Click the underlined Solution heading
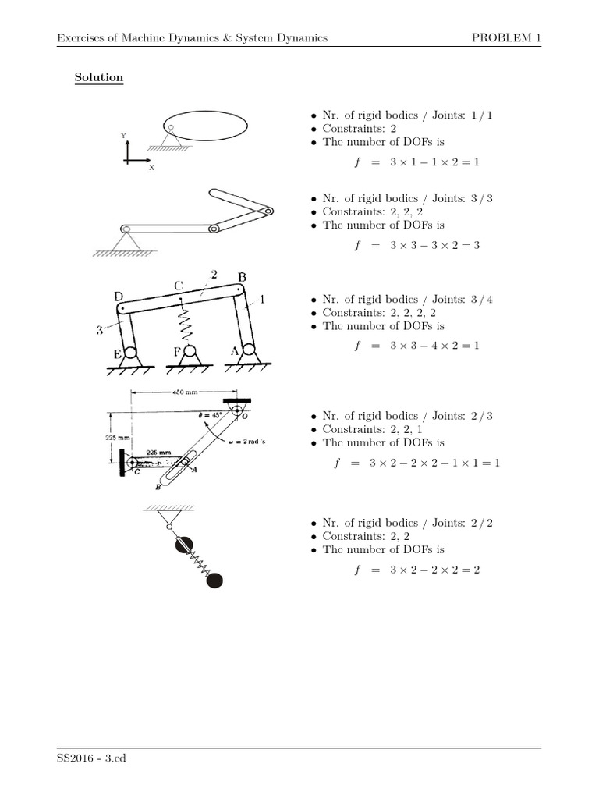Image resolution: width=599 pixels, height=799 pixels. (98, 78)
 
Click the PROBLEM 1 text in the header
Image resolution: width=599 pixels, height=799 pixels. (506, 37)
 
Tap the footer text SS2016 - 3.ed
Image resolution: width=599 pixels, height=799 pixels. (90, 756)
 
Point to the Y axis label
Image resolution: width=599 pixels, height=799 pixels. (123, 136)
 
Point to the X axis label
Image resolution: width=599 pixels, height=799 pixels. (151, 167)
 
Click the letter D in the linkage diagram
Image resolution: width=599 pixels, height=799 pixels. (119, 296)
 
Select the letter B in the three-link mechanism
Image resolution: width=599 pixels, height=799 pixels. (242, 277)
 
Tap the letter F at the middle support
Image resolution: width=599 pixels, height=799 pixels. (177, 353)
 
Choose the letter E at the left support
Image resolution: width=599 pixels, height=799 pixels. (117, 355)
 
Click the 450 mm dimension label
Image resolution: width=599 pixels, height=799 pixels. (185, 393)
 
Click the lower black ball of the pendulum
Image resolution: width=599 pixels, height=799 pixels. (213, 579)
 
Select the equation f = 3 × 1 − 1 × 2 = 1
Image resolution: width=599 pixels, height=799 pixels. (416, 162)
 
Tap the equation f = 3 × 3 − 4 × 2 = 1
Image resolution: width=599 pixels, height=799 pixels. (416, 345)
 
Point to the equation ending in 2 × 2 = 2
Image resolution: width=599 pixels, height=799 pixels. (416, 570)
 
